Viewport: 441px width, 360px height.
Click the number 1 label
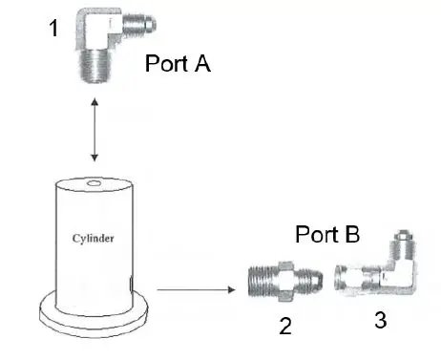tap(54, 30)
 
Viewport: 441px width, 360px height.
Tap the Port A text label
tap(178, 65)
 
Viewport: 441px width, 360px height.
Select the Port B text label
tap(327, 234)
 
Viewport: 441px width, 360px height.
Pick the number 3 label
tap(380, 321)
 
